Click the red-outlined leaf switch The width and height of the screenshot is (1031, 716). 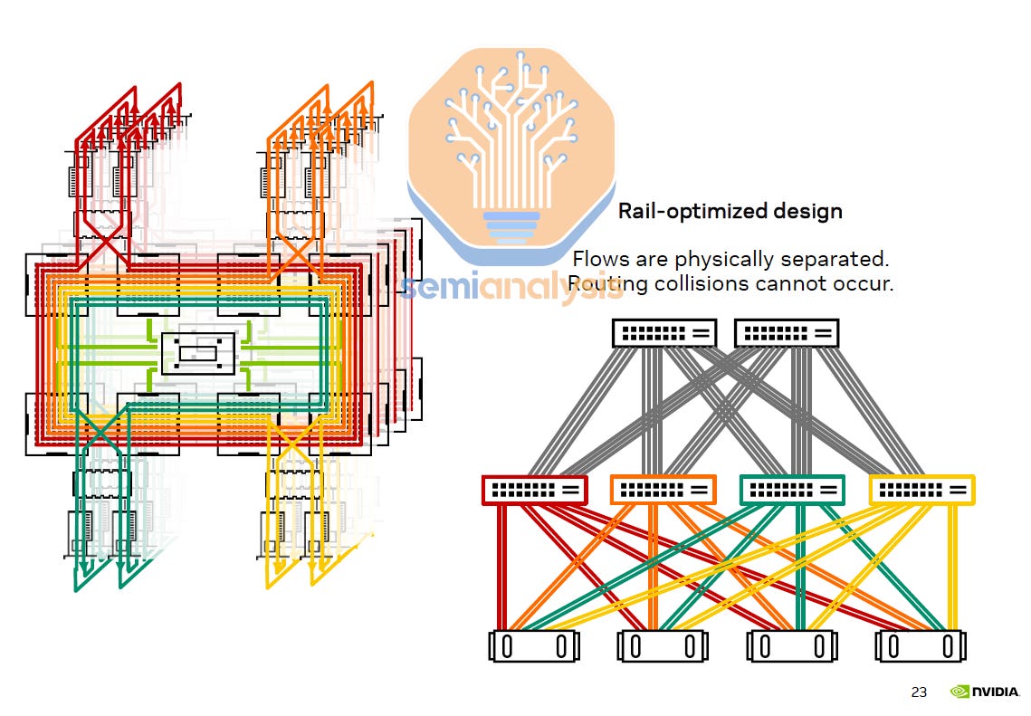coord(534,490)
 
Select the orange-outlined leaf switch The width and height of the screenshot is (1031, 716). coord(663,490)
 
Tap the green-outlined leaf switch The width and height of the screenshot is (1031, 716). coord(792,490)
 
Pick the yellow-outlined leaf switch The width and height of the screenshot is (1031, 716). coord(921,490)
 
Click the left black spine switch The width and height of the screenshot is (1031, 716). coord(664,333)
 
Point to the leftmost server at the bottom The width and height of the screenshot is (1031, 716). coord(534,646)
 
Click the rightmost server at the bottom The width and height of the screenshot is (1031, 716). coord(921,646)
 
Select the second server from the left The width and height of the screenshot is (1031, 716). coord(663,646)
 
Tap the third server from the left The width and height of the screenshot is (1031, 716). coord(792,646)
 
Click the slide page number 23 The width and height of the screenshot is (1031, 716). coord(919,692)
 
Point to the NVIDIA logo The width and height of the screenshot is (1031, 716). coord(985,692)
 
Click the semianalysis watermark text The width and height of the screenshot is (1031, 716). coord(512,287)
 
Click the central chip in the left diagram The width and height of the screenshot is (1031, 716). coord(197,353)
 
